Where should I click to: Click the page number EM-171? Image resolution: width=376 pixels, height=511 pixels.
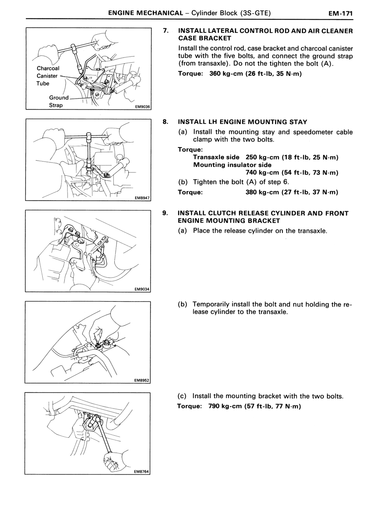[340, 13]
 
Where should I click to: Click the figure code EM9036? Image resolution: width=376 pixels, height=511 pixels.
[143, 107]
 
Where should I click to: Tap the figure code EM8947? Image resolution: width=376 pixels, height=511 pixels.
[142, 198]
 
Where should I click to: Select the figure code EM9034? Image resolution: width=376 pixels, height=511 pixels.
[142, 289]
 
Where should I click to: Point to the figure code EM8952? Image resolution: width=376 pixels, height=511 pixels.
[142, 380]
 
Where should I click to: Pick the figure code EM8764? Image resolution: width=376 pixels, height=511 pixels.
[141, 472]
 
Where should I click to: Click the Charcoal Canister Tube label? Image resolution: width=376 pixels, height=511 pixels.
[48, 76]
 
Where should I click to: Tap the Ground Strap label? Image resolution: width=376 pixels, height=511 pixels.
[59, 101]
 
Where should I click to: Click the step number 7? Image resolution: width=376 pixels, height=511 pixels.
[166, 31]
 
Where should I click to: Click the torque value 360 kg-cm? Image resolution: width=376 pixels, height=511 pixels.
[226, 74]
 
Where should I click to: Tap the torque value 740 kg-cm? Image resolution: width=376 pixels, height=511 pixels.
[262, 172]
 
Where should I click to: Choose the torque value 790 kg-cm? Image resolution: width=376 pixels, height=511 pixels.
[225, 406]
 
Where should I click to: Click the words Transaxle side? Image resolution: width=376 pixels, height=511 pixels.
[216, 157]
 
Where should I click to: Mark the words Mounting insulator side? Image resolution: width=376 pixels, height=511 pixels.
[232, 165]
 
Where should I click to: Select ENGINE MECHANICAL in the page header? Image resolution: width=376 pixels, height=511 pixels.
[146, 13]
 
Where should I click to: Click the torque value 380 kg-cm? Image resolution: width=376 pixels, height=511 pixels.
[262, 192]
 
